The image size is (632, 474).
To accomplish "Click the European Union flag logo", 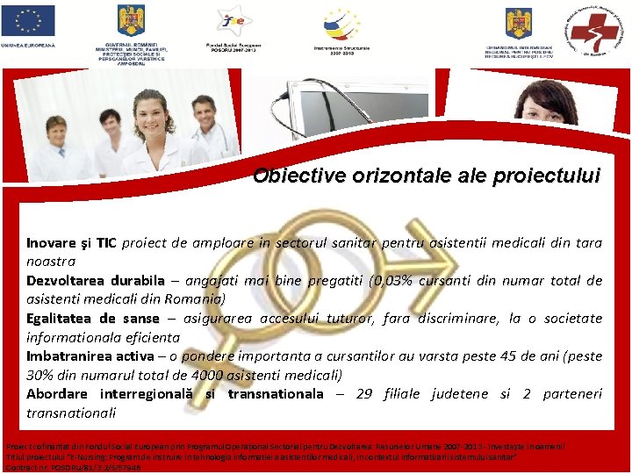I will pyautogui.click(x=28, y=20).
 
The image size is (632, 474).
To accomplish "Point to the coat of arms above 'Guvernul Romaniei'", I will pyautogui.click(x=132, y=18).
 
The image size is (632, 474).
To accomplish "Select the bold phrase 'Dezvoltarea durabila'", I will pyautogui.click(x=95, y=280).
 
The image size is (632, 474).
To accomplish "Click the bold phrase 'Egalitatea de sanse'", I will pyautogui.click(x=92, y=318).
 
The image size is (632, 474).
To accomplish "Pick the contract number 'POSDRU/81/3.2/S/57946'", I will pyautogui.click(x=97, y=468).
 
